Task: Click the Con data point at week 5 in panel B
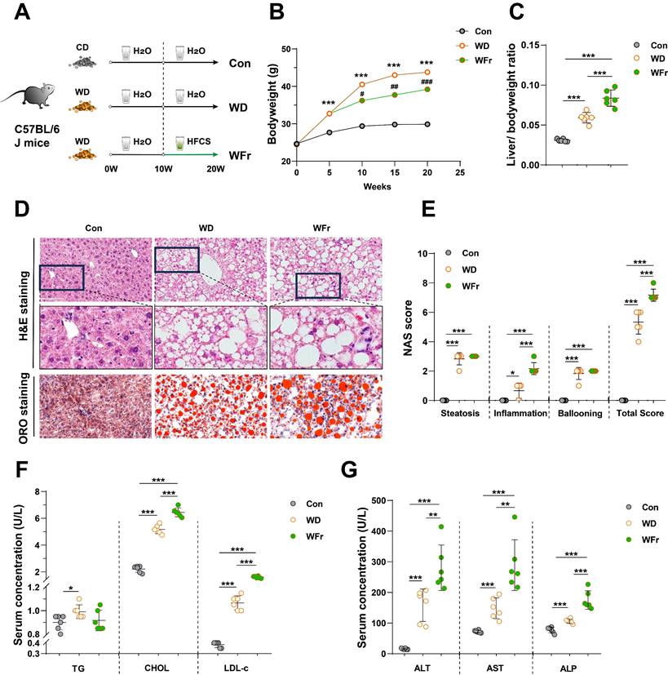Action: point(329,132)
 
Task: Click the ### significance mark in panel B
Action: point(425,81)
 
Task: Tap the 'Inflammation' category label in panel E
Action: point(522,414)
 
